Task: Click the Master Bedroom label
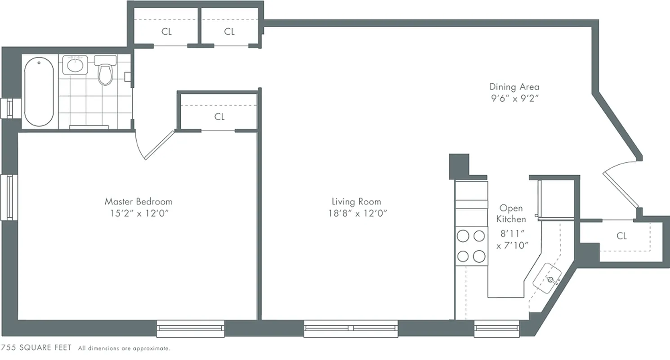[x=138, y=202]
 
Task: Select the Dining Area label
[x=514, y=87]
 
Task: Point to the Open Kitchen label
[x=511, y=214]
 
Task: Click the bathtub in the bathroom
[x=39, y=92]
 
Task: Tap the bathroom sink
[x=75, y=65]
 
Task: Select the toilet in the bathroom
[x=105, y=72]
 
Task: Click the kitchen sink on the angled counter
[x=548, y=278]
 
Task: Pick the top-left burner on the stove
[x=463, y=236]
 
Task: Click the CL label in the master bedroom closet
[x=219, y=117]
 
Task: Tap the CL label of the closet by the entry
[x=622, y=236]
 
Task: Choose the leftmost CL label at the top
[x=166, y=31]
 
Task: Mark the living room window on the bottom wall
[x=351, y=328]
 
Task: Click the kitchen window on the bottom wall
[x=497, y=329]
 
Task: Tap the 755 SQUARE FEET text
[x=36, y=348]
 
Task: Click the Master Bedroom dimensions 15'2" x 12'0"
[x=138, y=214]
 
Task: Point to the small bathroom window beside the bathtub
[x=9, y=108]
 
